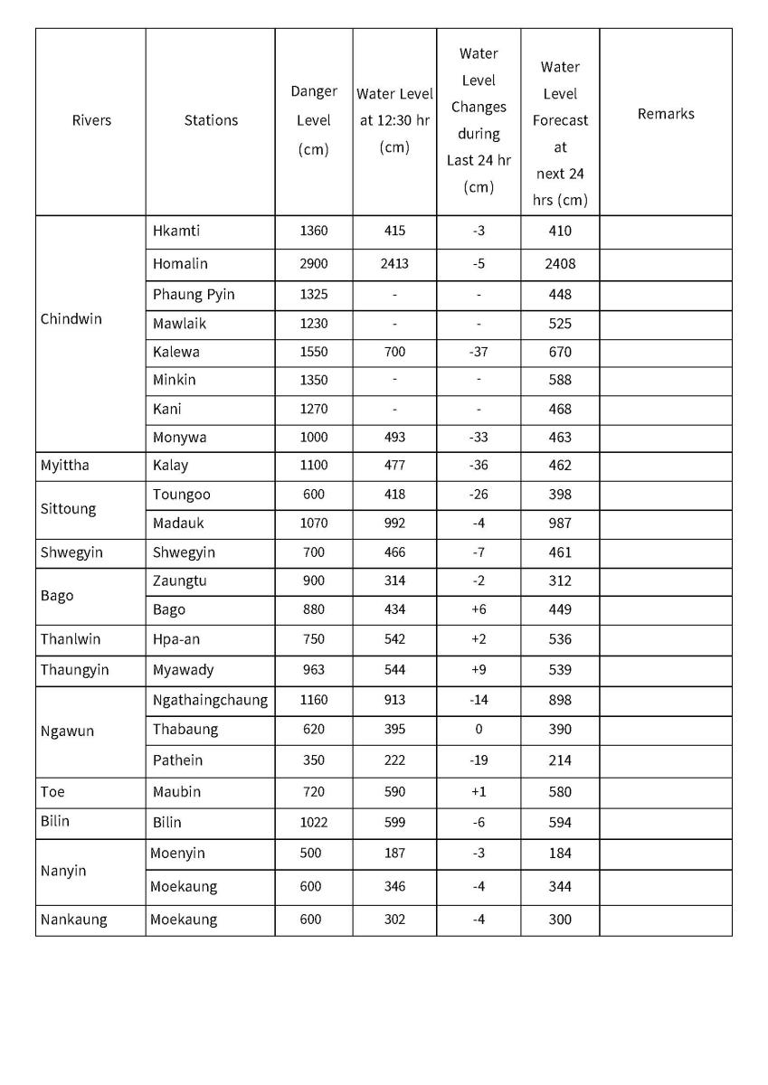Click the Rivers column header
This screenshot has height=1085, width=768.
[x=91, y=120]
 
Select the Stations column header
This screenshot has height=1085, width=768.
[x=211, y=120]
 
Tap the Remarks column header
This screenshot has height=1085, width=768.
[x=666, y=114]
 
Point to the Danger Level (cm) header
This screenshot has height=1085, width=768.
[x=314, y=120]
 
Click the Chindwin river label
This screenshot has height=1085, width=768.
[x=71, y=319]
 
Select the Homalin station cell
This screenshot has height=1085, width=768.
[x=180, y=264]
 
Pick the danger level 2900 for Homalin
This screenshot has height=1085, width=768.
[x=314, y=264]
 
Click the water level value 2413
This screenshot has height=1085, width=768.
[x=394, y=264]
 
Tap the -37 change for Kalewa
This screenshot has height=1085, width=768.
[x=479, y=352]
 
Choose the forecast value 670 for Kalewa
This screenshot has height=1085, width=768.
[x=560, y=352]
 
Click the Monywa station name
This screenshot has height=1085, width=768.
[x=179, y=438]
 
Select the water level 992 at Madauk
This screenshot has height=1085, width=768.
[x=394, y=524]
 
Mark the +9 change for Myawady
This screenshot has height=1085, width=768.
[x=479, y=670]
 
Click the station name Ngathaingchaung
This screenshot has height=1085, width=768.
[x=210, y=700]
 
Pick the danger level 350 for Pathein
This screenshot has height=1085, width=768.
[x=313, y=760]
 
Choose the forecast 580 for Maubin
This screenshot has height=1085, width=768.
[x=560, y=792]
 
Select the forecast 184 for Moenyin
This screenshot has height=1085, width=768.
[x=560, y=854]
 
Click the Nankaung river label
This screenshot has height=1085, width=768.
[x=73, y=920]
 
